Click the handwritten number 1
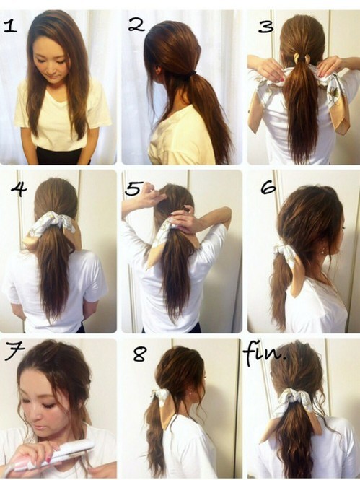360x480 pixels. (9, 27)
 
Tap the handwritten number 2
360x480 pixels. (136, 25)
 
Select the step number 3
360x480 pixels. (265, 27)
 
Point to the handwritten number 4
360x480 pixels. (19, 190)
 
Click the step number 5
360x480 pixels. (133, 188)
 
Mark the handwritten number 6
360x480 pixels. (268, 188)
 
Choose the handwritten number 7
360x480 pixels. (14, 352)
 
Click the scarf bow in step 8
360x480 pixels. (160, 396)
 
